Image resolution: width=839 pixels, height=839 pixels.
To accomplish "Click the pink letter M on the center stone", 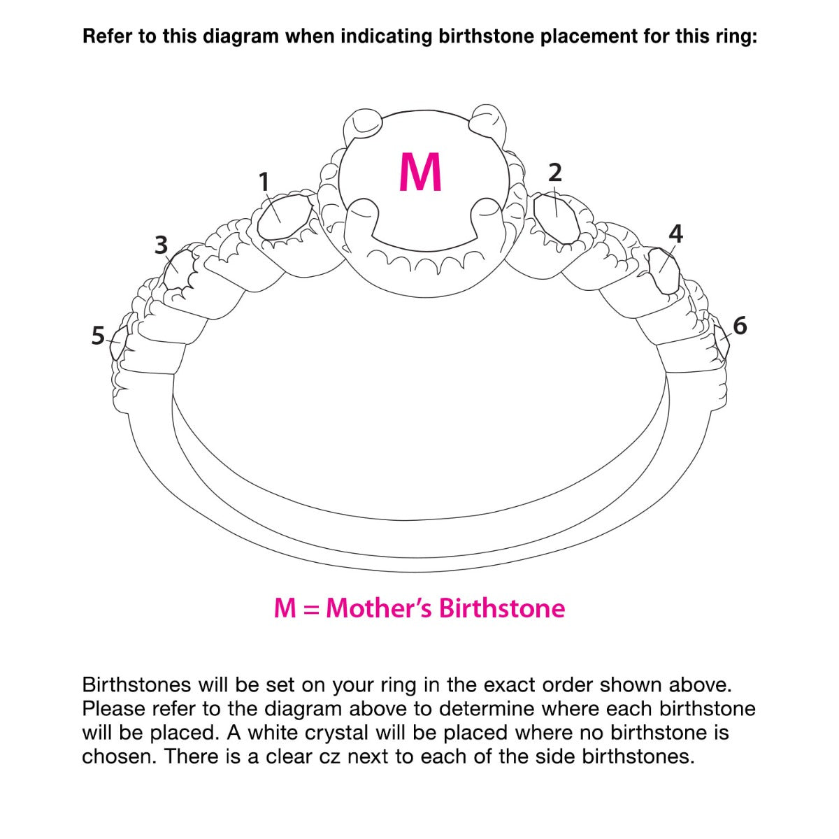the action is [x=420, y=173].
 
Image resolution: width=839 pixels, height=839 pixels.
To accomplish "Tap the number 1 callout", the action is [x=264, y=182].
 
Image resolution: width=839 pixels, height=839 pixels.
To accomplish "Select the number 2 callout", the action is [x=554, y=173].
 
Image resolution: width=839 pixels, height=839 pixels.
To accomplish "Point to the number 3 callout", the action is [x=161, y=245].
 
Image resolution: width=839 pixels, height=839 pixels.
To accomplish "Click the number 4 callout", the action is [x=675, y=234].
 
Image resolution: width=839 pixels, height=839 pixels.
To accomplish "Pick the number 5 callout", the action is [x=99, y=336].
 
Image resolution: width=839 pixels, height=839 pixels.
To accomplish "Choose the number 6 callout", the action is [x=740, y=326].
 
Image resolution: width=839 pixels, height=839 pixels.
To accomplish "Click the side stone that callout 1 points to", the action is [x=285, y=217].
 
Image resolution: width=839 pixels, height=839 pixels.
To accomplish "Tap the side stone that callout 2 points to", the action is [x=557, y=219].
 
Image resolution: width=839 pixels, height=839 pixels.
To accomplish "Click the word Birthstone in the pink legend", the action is [x=502, y=608].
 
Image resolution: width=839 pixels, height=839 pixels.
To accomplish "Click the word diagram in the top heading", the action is [x=241, y=37].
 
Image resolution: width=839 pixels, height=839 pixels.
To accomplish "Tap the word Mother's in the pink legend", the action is [x=379, y=608].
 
